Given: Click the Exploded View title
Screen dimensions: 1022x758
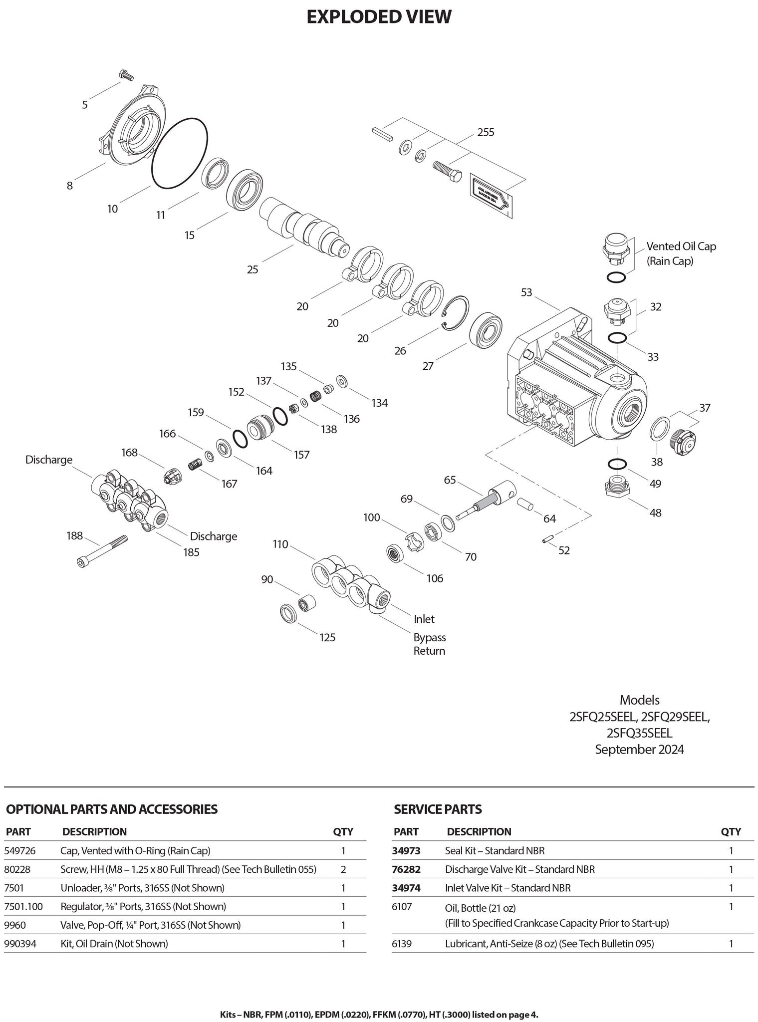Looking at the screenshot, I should pos(379,17).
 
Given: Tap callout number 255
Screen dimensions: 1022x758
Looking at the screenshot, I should pos(486,132).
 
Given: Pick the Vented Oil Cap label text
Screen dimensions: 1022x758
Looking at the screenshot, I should pos(681,247).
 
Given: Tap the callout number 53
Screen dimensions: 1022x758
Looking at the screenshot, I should pos(526,292).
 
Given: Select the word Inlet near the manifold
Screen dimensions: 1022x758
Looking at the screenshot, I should pos(424,619).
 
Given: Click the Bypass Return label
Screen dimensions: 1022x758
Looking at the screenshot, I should pos(429,644).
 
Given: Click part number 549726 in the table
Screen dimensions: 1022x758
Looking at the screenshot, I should pos(23,850).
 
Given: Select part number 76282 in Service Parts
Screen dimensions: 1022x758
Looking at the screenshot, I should pos(407,869).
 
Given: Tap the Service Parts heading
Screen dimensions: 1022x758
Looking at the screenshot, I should pos(438,809).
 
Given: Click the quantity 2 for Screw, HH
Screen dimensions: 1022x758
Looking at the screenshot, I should pos(343,869).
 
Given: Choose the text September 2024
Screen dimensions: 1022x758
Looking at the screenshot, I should pos(639,750).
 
